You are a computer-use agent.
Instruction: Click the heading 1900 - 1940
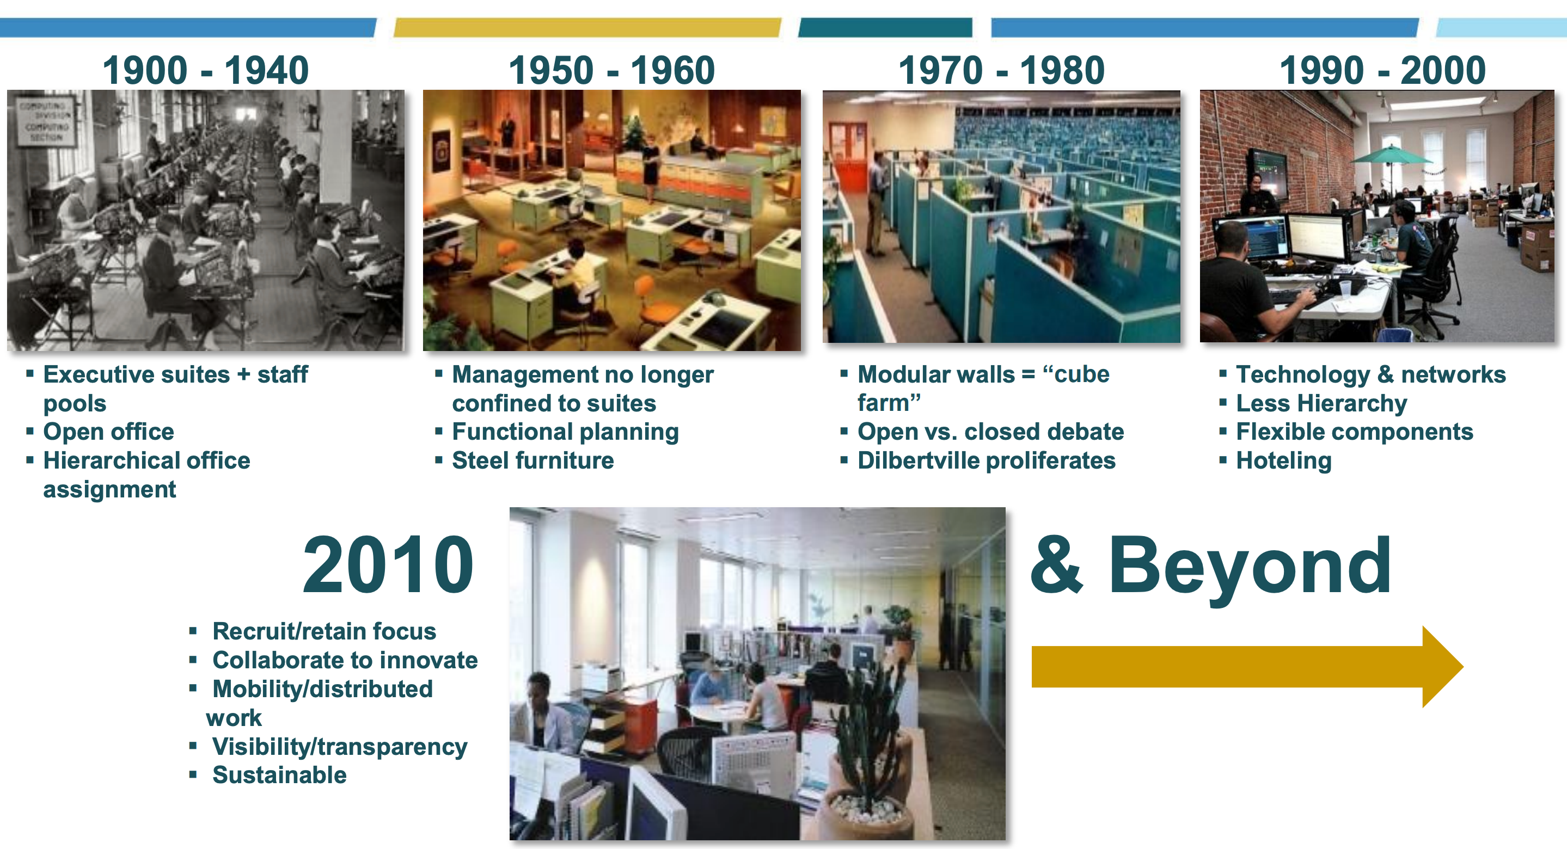point(206,70)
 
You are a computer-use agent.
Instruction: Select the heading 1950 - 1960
point(611,70)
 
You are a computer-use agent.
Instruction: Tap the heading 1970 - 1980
point(1001,70)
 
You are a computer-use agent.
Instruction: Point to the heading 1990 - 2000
point(1382,70)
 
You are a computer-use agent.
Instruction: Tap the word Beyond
point(1250,565)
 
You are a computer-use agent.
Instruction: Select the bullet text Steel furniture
point(533,460)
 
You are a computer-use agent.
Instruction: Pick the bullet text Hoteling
point(1283,460)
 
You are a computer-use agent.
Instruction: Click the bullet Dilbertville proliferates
point(986,460)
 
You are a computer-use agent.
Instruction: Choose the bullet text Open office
point(108,432)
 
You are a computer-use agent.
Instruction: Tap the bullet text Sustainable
point(279,775)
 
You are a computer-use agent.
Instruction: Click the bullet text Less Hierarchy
point(1321,403)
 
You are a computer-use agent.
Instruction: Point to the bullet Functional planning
point(565,432)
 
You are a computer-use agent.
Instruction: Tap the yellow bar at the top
point(586,27)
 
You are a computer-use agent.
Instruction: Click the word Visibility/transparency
point(339,746)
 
